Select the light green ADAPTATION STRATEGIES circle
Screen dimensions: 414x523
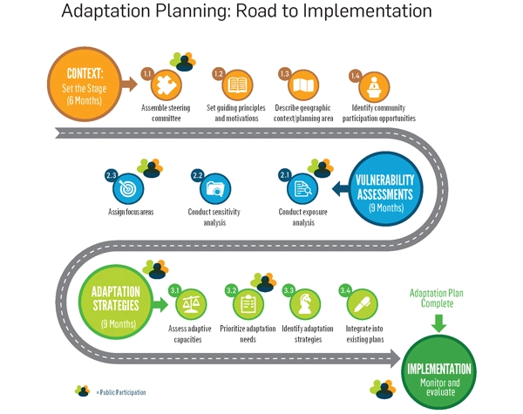pyautogui.click(x=114, y=301)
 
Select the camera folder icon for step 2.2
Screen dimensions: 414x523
pyautogui.click(x=214, y=187)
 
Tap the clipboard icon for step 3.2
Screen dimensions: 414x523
pyautogui.click(x=248, y=304)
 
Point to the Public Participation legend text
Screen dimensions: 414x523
pyautogui.click(x=122, y=392)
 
